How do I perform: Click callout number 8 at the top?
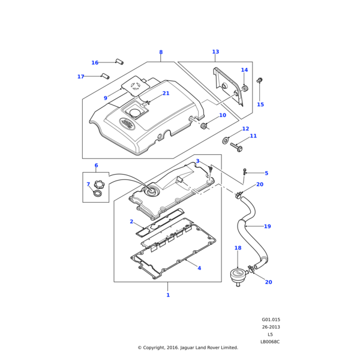(x=161, y=52)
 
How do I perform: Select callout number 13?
(x=215, y=52)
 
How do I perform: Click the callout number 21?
(x=166, y=94)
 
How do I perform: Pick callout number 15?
(x=260, y=105)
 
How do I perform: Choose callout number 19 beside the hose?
(x=268, y=227)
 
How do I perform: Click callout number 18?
(x=238, y=248)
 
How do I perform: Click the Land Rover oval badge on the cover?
(x=127, y=124)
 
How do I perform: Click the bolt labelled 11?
(x=236, y=146)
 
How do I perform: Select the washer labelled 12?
(x=225, y=140)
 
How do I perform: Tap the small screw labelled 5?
(x=245, y=173)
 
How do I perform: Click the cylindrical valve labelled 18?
(x=238, y=274)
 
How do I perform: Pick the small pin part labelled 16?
(x=119, y=61)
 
